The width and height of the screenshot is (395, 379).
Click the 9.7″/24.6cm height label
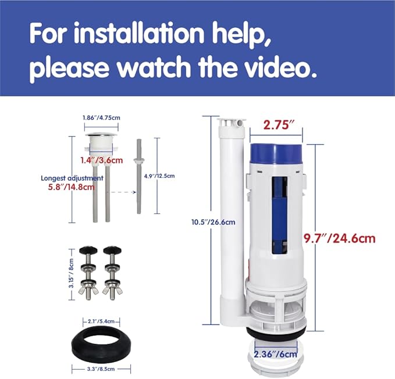[x=347, y=238]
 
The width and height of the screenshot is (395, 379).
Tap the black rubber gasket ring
[x=101, y=342]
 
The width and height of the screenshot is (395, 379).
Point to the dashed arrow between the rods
[x=122, y=191]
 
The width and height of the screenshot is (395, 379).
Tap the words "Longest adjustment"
[x=72, y=178]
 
